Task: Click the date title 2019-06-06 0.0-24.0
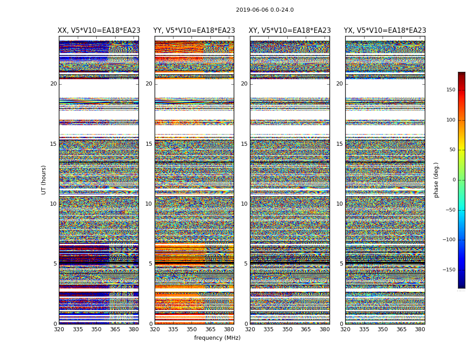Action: pyautogui.click(x=265, y=10)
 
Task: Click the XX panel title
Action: pyautogui.click(x=99, y=31)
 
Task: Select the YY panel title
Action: pyautogui.click(x=194, y=31)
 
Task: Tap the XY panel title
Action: pyautogui.click(x=290, y=31)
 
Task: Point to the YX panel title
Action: pyautogui.click(x=385, y=31)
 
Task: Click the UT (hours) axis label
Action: pyautogui.click(x=44, y=180)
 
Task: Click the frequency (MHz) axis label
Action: pyautogui.click(x=217, y=338)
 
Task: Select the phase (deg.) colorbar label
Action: pyautogui.click(x=436, y=180)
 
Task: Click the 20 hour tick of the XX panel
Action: pyautogui.click(x=53, y=84)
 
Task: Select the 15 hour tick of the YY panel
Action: pyautogui.click(x=149, y=144)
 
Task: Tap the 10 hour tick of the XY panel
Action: pyautogui.click(x=244, y=204)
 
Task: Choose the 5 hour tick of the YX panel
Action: pyautogui.click(x=341, y=264)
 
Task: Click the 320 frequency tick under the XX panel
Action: pyautogui.click(x=59, y=329)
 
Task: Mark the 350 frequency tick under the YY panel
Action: pyautogui.click(x=192, y=329)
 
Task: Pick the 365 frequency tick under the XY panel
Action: pyautogui.click(x=306, y=329)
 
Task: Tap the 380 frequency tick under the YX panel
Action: pyautogui.click(x=420, y=329)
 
